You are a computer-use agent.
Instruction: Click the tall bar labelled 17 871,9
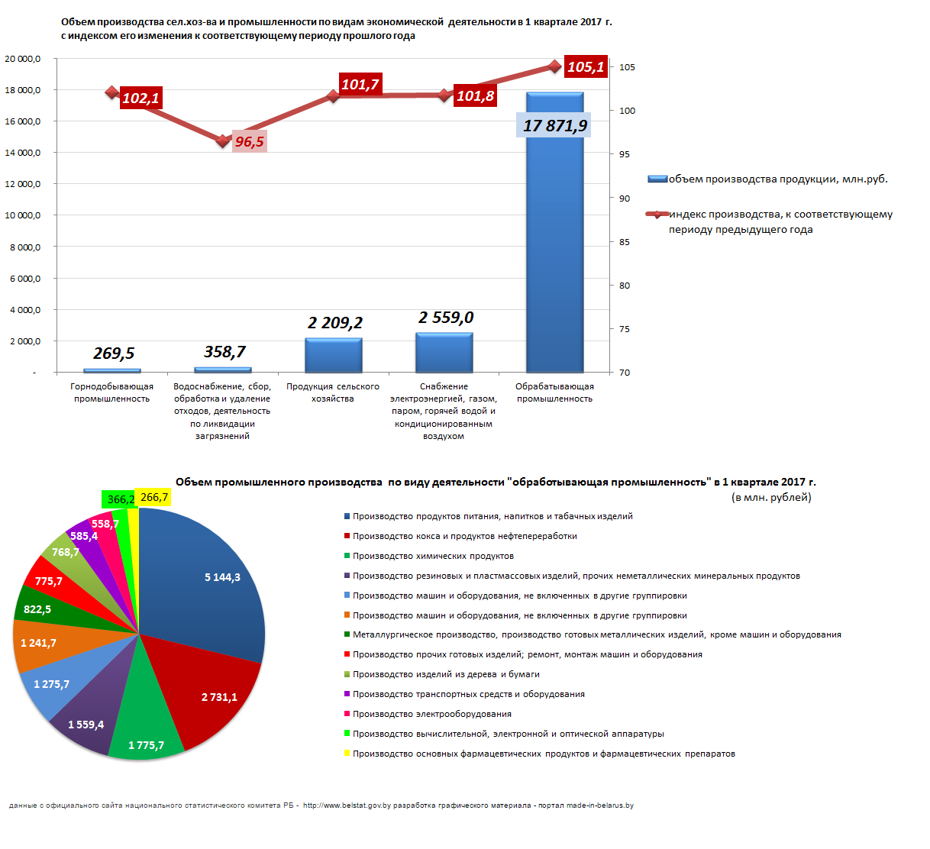click(554, 232)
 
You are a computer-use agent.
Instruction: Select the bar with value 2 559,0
click(444, 353)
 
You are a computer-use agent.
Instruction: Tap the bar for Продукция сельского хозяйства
click(334, 355)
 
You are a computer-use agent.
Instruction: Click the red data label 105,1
click(586, 66)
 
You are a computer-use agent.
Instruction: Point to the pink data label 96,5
click(250, 141)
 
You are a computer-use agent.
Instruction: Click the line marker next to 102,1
click(111, 92)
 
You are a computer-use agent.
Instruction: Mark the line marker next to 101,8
click(444, 95)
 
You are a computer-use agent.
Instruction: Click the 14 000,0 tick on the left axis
click(23, 153)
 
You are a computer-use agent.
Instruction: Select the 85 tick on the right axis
click(625, 242)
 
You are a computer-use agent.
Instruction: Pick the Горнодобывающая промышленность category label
click(111, 392)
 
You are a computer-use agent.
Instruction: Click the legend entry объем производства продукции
click(767, 179)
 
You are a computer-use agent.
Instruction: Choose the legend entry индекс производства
click(769, 221)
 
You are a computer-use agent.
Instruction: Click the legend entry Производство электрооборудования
click(428, 714)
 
